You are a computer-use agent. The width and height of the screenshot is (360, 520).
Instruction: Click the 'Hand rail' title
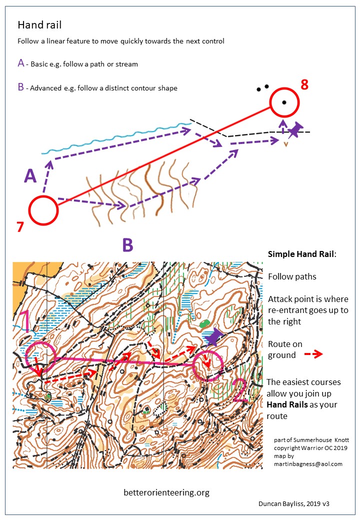(39, 25)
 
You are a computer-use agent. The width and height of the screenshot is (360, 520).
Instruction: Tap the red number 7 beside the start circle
(20, 227)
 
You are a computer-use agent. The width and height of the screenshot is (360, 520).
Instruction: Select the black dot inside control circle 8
(284, 102)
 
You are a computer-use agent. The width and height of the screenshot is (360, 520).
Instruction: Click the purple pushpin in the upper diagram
(294, 129)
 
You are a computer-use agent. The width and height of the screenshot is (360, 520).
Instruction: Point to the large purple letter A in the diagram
(30, 176)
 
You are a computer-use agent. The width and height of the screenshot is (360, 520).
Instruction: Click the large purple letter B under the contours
(127, 245)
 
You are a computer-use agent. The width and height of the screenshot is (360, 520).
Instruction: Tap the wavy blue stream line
(116, 137)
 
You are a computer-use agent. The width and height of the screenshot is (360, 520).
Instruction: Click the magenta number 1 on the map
(25, 321)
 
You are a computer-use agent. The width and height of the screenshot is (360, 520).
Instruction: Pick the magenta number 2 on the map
(240, 390)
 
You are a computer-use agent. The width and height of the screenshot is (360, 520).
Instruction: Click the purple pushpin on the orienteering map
(214, 337)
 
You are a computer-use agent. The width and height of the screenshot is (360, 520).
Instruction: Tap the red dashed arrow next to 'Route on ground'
(313, 354)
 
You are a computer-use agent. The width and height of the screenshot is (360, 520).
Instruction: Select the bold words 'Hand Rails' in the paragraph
(287, 404)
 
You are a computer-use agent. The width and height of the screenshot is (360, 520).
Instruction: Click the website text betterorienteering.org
(166, 492)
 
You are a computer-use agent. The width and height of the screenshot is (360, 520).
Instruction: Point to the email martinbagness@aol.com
(308, 464)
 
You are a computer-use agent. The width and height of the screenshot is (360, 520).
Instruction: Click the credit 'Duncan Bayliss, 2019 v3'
(293, 504)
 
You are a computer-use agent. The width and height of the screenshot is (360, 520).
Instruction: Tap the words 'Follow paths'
(292, 276)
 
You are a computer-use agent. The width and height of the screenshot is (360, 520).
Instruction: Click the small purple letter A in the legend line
(21, 63)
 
